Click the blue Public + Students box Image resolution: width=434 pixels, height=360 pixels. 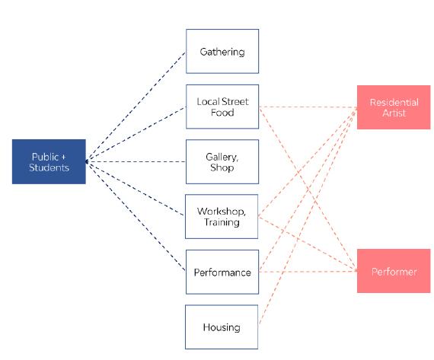pos(49,161)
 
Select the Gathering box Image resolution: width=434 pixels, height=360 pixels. pos(222,51)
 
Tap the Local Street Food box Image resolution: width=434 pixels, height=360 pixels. pos(222,107)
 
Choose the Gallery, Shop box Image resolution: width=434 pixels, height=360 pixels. pos(222,161)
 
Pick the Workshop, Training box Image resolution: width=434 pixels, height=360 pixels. pos(222,216)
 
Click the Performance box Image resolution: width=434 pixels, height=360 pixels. pos(222,272)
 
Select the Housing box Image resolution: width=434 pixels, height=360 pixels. pos(222,327)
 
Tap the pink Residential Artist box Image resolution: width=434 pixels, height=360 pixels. pos(394,107)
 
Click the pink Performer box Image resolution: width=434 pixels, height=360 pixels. pos(394,271)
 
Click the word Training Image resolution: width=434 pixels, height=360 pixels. pos(222,222)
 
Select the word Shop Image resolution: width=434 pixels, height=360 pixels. pos(222,167)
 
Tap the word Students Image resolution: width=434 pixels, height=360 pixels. pos(49,167)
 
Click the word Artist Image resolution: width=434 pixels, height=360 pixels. pos(394,113)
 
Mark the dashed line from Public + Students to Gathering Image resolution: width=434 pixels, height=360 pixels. pos(136,107)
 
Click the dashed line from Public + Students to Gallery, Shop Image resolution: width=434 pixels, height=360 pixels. pos(136,161)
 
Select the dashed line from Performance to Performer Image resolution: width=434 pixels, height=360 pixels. pos(308,272)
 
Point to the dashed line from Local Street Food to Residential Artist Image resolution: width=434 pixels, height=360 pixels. pos(308,107)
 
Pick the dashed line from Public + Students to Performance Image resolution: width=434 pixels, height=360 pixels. pos(136,216)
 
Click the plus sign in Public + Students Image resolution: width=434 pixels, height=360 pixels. pos(63,158)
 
